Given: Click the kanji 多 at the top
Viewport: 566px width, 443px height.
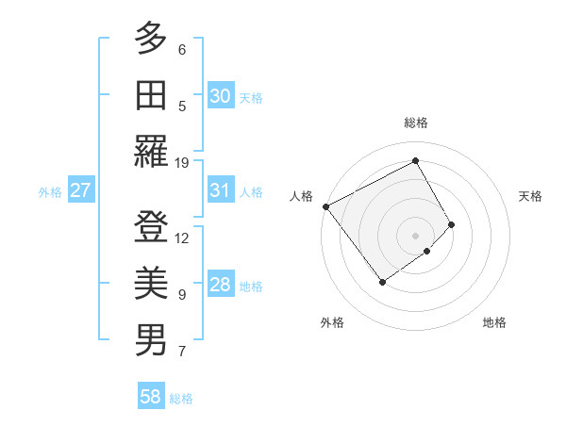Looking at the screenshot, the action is [151, 40].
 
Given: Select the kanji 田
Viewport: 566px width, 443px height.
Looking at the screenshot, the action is [151, 95].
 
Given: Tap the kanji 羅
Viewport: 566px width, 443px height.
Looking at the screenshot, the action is [151, 151].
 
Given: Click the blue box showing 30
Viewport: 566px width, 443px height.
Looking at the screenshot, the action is [221, 96].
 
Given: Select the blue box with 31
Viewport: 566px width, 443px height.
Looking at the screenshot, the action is [221, 190].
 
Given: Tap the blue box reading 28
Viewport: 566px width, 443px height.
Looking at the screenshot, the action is [221, 285].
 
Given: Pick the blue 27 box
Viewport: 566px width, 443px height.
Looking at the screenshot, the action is [80, 190].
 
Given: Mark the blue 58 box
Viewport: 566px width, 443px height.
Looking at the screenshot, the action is [151, 397].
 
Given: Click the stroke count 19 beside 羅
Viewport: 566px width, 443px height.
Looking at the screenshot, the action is [182, 162].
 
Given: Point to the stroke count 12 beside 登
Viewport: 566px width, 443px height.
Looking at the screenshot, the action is [182, 238].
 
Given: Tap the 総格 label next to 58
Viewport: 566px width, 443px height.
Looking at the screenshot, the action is [181, 399].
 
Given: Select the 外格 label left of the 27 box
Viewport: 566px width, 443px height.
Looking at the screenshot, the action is [50, 192].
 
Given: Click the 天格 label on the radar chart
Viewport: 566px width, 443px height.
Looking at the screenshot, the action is [531, 196].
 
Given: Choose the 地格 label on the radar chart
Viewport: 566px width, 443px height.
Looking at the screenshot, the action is [494, 322].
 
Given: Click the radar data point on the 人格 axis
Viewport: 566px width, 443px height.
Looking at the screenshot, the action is [325, 206].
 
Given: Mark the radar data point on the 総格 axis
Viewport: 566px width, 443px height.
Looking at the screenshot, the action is [415, 160].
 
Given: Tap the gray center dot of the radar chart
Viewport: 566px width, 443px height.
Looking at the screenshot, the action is [415, 235].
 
